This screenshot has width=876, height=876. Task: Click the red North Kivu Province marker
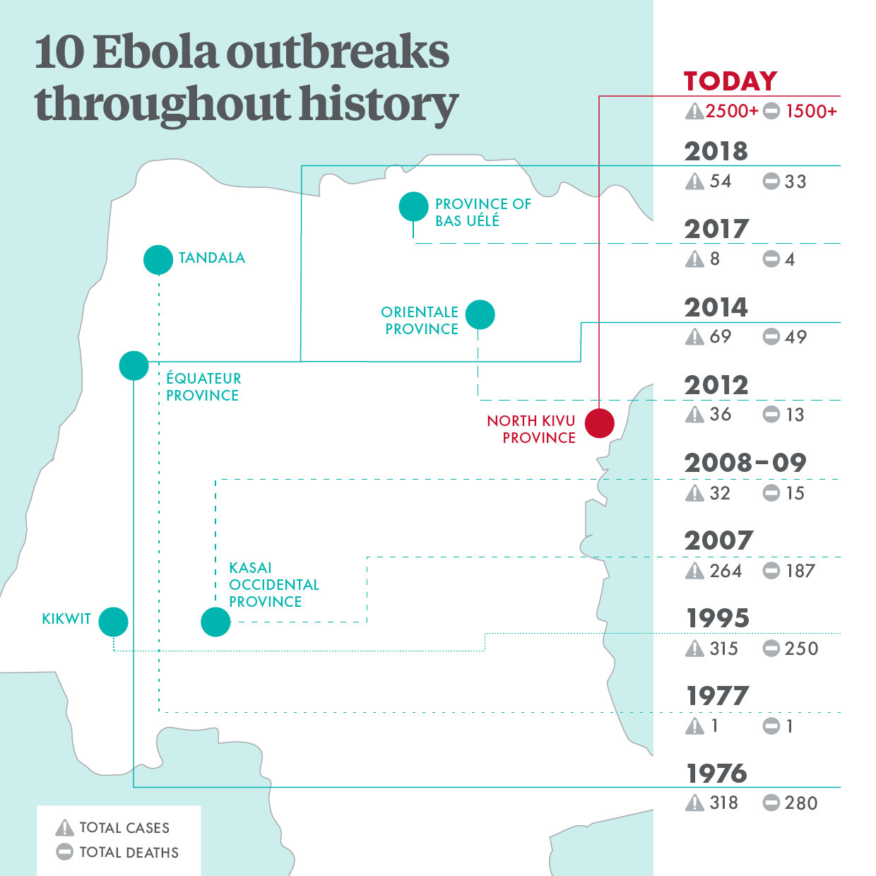599,423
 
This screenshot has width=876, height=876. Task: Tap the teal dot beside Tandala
158,259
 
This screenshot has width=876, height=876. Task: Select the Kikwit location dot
113,622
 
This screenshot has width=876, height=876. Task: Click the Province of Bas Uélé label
483,212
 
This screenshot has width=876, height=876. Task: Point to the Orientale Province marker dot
480,314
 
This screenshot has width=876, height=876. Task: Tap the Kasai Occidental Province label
273,585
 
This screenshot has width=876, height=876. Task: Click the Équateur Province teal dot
134,365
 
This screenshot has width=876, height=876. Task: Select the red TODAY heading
730,81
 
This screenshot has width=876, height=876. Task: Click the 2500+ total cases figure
732,112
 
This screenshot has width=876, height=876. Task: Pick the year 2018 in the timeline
716,151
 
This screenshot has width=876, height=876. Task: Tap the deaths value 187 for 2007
800,571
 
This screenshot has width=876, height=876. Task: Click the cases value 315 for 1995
723,649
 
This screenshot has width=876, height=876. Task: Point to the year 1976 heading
716,774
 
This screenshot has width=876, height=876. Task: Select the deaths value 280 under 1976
800,803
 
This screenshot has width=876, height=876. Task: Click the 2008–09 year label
745,463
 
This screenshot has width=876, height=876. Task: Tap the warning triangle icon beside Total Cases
64,827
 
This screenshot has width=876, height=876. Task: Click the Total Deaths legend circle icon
64,852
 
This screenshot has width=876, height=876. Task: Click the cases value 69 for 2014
720,337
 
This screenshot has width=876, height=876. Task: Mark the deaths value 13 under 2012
795,415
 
